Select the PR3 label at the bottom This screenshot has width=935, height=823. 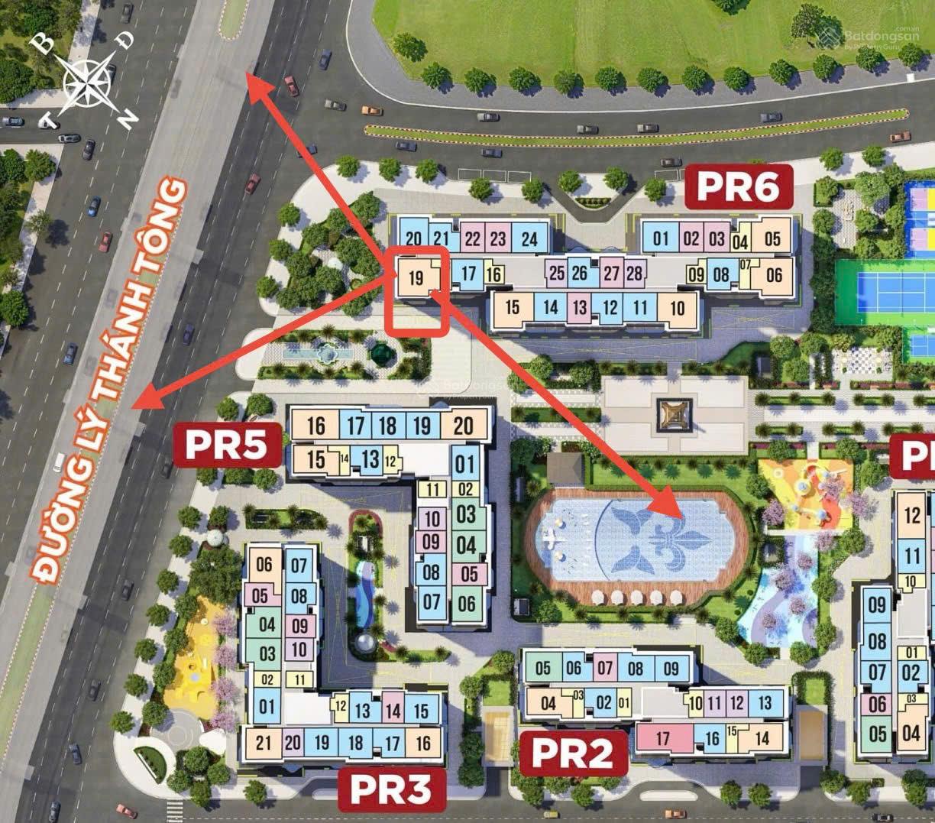click(392, 789)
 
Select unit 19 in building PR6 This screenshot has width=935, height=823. click(416, 277)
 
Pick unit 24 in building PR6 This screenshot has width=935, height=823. click(529, 239)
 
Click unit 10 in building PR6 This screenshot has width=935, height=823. click(677, 309)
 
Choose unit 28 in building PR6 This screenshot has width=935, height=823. click(634, 273)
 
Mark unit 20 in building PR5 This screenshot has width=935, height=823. click(463, 425)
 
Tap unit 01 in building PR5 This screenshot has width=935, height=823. click(464, 463)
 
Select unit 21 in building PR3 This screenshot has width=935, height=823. click(264, 742)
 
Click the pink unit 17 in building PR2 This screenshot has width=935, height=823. click(662, 738)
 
